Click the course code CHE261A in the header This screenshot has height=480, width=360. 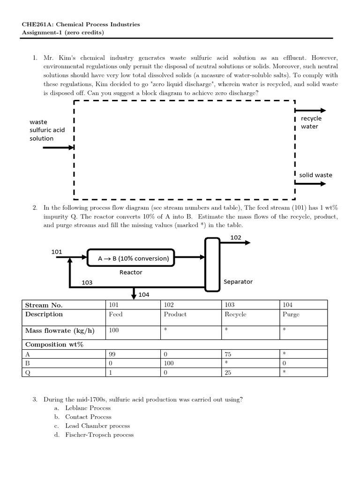tap(36, 24)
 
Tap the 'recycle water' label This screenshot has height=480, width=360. tap(311, 122)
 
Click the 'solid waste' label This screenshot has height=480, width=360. tap(315, 175)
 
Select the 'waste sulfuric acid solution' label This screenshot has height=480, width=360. tap(47, 130)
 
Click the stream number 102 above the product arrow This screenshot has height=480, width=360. tap(236, 238)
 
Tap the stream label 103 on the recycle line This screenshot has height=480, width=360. tap(87, 282)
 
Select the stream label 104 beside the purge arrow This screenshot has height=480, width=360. tap(143, 295)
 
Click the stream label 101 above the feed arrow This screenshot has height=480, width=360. tap(57, 252)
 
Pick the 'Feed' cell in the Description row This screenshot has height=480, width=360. tap(116, 315)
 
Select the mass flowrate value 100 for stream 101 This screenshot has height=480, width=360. tap(113, 331)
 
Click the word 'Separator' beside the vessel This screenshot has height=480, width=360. tap(238, 282)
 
